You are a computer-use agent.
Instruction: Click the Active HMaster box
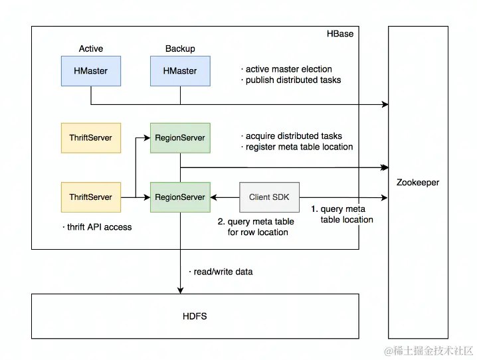91,71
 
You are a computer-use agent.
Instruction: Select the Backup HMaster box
180,71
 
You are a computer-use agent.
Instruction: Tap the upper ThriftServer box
91,137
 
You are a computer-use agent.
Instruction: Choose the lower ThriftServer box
91,197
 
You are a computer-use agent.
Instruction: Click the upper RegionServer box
180,137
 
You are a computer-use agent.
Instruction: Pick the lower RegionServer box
180,197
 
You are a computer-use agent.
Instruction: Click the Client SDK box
269,197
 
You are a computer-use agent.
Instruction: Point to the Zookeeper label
418,183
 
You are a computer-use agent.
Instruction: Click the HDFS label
195,316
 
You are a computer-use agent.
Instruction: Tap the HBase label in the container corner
340,34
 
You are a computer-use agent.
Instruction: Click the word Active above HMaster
91,48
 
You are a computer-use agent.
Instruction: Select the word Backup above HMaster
180,48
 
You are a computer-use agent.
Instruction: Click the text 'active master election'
289,69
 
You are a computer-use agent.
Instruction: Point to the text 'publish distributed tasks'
293,80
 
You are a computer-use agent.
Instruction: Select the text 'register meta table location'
300,147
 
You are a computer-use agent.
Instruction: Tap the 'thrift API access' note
99,227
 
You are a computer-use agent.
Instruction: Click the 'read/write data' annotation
223,272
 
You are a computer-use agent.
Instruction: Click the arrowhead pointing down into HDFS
181,290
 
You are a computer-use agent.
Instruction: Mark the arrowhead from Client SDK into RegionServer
213,198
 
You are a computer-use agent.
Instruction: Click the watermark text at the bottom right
429,351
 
